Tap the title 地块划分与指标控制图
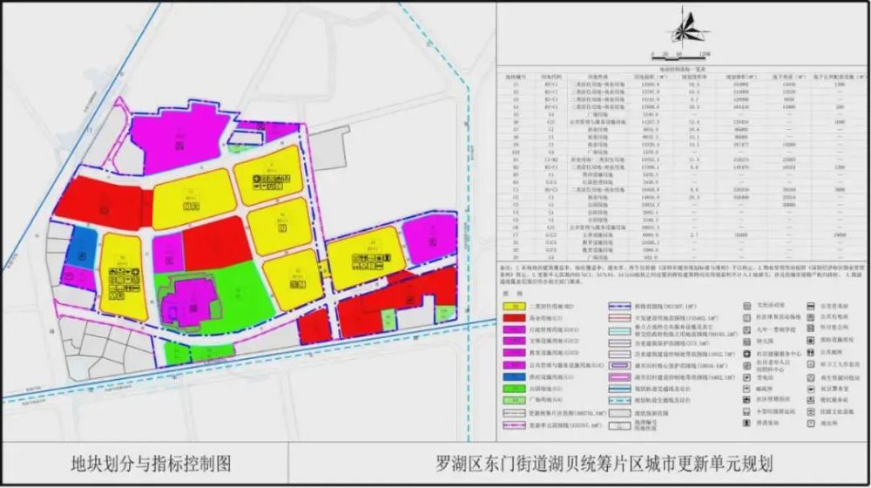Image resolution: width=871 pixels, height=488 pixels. click(x=152, y=463)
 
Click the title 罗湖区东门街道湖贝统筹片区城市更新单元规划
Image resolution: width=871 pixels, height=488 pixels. click(x=604, y=463)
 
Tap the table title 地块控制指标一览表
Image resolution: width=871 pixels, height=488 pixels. click(x=683, y=66)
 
